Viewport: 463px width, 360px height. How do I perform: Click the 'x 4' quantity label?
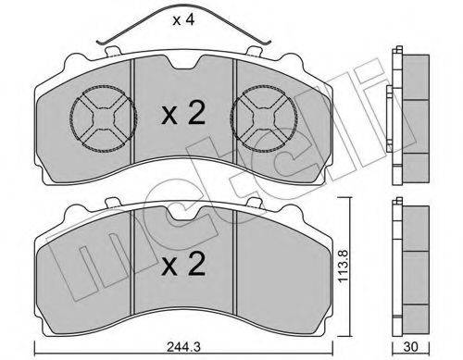[x=183, y=20]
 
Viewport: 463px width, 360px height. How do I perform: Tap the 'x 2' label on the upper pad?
[x=183, y=114]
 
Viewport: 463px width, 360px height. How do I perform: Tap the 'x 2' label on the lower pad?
[x=183, y=264]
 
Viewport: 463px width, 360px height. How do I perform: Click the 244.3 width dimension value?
[x=183, y=347]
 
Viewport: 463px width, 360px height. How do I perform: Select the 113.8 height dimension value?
[x=344, y=266]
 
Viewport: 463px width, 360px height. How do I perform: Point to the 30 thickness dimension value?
[x=410, y=347]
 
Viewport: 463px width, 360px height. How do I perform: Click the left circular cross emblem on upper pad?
[x=104, y=118]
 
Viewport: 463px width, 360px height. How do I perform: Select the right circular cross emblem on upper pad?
[x=264, y=118]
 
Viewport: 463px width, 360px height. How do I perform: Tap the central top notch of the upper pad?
[x=183, y=63]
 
